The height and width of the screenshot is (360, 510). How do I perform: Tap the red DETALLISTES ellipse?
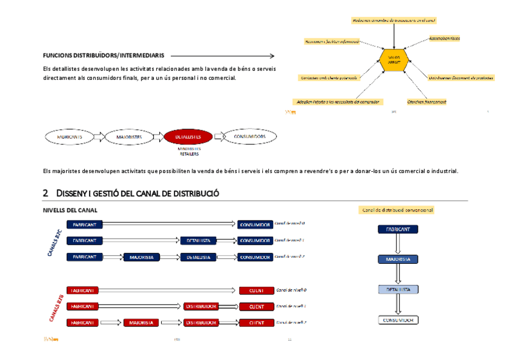188,137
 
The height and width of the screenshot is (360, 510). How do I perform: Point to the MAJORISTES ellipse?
129,137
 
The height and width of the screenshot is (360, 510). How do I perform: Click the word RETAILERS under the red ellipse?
188,153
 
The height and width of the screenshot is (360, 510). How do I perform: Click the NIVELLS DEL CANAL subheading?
70,210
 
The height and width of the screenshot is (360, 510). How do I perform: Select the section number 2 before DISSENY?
46,194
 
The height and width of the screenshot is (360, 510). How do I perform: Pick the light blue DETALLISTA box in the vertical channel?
398,289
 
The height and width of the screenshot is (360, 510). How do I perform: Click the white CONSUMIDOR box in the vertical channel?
398,320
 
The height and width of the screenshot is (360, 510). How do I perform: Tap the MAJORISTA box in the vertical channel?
398,259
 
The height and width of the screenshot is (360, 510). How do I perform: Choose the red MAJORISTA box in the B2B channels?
142,323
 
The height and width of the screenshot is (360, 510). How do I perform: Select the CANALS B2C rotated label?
55,242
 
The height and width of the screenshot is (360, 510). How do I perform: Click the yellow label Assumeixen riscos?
444,38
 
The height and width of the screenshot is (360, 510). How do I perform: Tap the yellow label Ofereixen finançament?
426,102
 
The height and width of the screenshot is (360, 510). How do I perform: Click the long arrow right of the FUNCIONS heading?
220,55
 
